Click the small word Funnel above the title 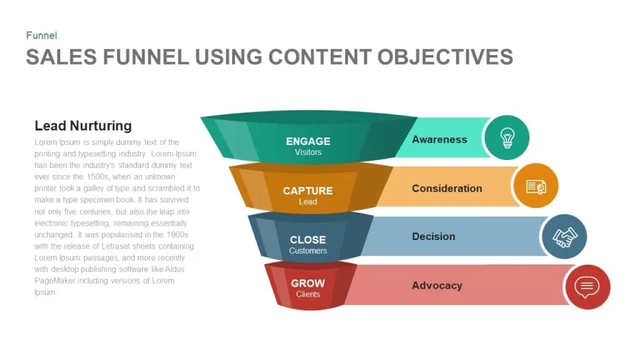(41, 36)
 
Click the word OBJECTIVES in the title (445, 57)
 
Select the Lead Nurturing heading (83, 126)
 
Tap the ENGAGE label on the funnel (308, 141)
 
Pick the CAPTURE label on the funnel (307, 191)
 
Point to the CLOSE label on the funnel (307, 239)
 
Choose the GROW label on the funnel (307, 283)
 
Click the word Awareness (439, 139)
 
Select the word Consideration (447, 189)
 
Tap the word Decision (434, 236)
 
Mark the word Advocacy (437, 285)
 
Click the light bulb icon (507, 138)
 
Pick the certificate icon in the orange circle (536, 187)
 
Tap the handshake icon (565, 237)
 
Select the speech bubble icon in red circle (587, 287)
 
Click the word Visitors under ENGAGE (308, 152)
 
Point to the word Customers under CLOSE (307, 251)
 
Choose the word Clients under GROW (307, 294)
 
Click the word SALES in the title (61, 57)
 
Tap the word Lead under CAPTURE (307, 202)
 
